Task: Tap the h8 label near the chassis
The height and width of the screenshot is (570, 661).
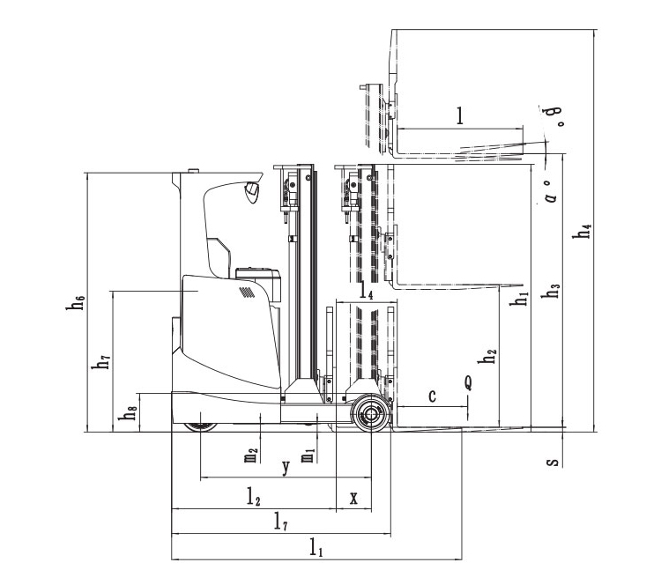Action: tap(131, 413)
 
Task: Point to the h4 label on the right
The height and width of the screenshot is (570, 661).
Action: tap(582, 232)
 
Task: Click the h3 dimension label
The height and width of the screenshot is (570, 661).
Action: tap(553, 291)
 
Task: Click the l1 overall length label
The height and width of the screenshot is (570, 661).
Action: tap(316, 547)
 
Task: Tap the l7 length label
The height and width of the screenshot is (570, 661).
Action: tap(279, 523)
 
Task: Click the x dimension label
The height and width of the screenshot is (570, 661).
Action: tap(353, 498)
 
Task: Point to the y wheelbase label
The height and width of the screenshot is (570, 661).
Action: tap(285, 468)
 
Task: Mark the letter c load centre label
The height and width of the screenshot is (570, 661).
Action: tap(432, 396)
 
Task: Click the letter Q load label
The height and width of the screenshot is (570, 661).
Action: tap(468, 382)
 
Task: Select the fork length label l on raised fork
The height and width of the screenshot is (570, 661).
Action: tap(460, 115)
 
